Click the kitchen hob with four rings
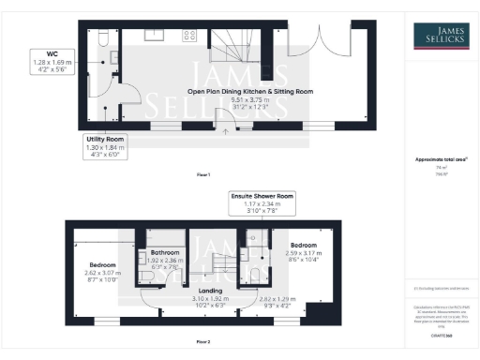pyautogui.click(x=188, y=36)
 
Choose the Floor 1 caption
pyautogui.click(x=202, y=174)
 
